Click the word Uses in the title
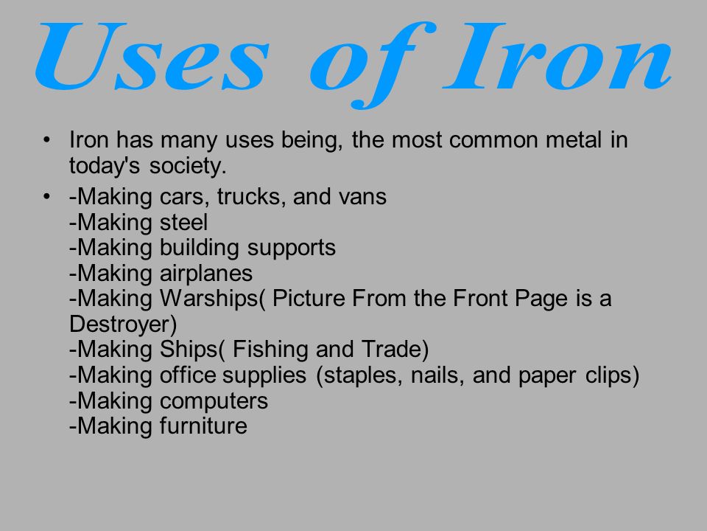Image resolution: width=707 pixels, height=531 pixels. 152,56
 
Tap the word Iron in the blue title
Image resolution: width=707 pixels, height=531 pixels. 557,56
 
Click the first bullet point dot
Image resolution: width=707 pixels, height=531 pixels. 46,140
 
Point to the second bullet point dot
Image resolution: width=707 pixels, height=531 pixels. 46,197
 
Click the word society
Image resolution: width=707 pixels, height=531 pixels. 187,166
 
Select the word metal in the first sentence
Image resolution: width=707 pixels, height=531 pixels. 574,139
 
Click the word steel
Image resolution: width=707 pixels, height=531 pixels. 183,222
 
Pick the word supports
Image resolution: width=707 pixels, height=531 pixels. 292,249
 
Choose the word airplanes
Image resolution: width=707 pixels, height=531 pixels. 206,274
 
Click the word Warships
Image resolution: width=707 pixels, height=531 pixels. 208,299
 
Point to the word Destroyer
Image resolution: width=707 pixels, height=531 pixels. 120,324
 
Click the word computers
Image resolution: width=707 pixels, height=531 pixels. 214,401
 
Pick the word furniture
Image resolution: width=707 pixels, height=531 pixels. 203,426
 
